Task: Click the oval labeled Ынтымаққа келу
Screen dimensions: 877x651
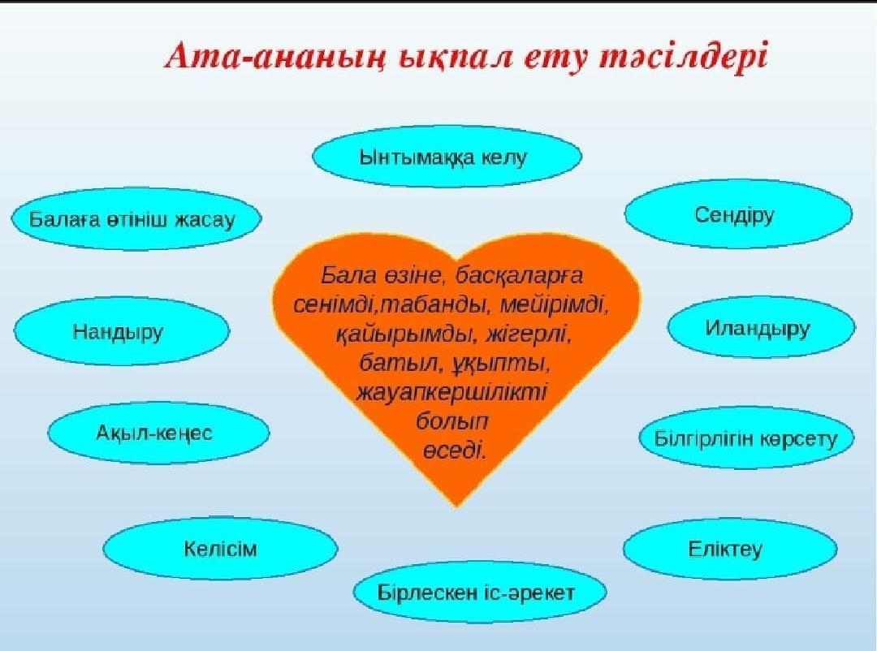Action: (x=447, y=157)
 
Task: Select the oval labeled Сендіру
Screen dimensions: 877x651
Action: (x=738, y=214)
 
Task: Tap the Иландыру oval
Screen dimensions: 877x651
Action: (x=761, y=328)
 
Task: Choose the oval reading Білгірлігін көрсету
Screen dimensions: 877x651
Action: (x=747, y=438)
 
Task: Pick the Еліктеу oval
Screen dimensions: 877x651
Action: (x=730, y=549)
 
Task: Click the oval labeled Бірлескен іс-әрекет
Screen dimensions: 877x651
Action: (x=479, y=593)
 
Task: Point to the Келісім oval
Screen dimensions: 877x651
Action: (x=220, y=548)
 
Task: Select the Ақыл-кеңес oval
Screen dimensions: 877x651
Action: (x=158, y=433)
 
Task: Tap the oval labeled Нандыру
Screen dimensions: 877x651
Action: (x=121, y=331)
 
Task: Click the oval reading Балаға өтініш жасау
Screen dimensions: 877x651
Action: (x=136, y=218)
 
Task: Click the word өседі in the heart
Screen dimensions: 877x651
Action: (x=454, y=451)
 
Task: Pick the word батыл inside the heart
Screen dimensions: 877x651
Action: (x=396, y=364)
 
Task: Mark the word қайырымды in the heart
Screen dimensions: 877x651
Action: (x=404, y=335)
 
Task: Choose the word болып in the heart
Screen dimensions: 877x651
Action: (x=452, y=420)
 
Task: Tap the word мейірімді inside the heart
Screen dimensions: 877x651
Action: (x=554, y=305)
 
